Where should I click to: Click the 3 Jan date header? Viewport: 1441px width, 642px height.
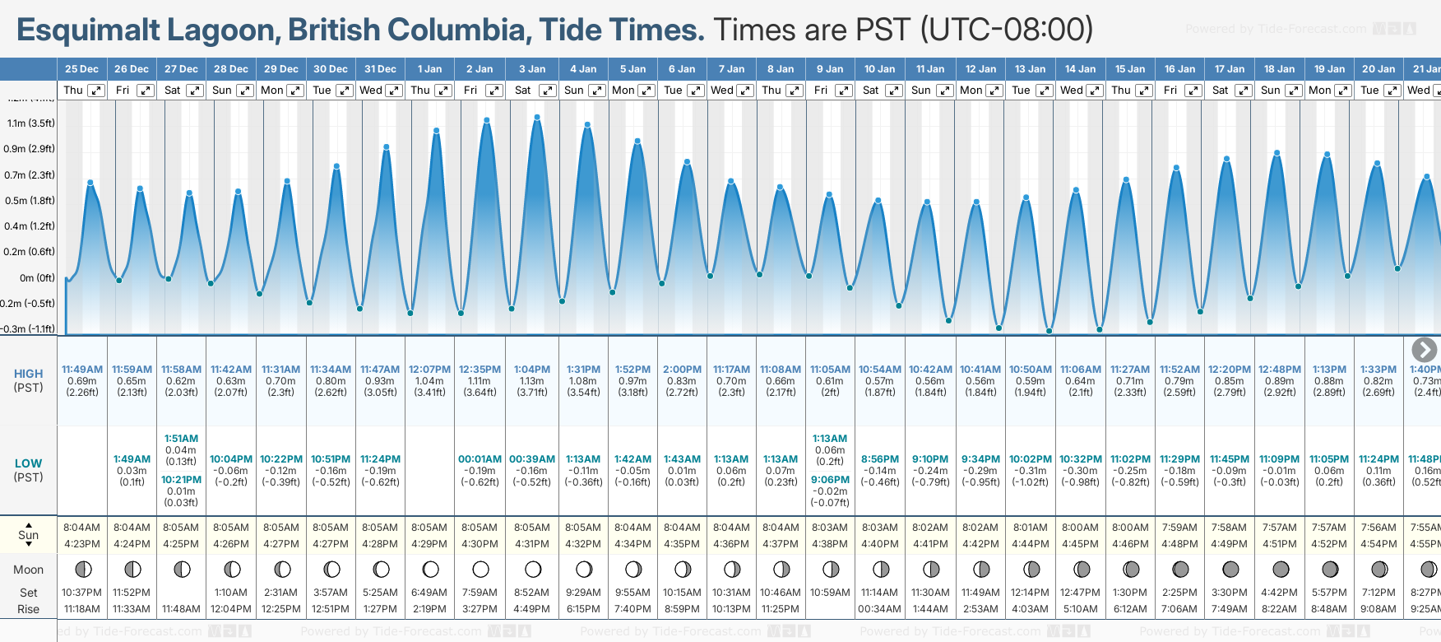tap(532, 69)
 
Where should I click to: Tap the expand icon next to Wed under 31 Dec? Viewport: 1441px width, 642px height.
tap(394, 91)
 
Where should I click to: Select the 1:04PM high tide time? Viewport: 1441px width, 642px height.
tap(532, 370)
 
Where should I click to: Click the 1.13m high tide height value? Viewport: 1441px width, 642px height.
tap(532, 381)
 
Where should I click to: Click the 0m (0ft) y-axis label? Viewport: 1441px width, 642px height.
tap(37, 278)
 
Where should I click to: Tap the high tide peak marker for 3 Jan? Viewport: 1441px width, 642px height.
tap(537, 118)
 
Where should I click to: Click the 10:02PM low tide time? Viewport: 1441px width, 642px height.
tap(1031, 459)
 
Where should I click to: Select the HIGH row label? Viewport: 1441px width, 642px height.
tap(29, 374)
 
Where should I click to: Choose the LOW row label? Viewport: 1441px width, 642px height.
tap(29, 463)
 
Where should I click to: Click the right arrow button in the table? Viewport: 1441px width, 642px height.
tap(1424, 350)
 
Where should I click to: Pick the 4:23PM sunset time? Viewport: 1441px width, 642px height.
tap(82, 544)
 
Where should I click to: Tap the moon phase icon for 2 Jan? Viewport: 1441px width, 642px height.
tap(481, 569)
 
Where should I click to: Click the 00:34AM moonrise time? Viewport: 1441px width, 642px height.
tap(879, 609)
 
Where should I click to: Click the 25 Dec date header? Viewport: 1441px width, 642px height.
tap(81, 69)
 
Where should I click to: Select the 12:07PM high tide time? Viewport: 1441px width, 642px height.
tap(429, 370)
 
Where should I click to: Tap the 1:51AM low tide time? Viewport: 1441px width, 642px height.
tap(181, 439)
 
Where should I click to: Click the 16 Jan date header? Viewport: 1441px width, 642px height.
tap(1180, 69)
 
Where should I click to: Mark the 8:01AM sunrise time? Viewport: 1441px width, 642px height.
tap(1031, 528)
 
